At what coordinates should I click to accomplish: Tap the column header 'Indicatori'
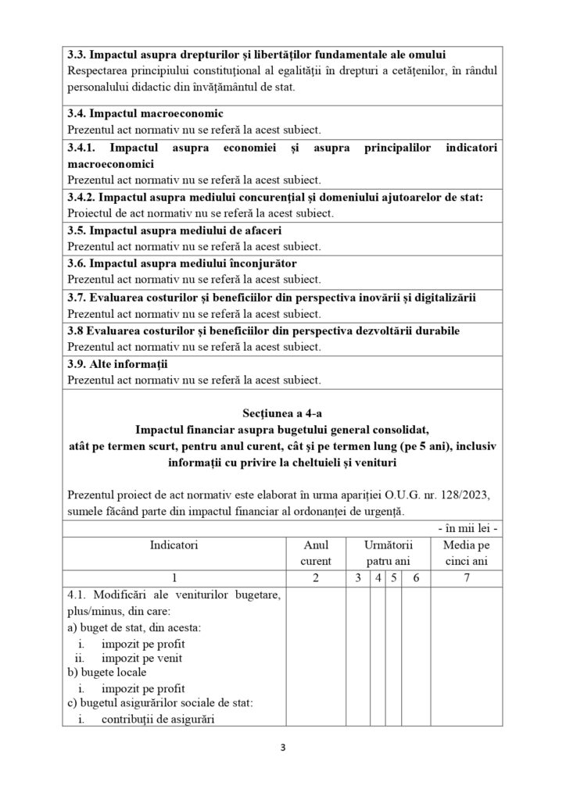tap(175, 544)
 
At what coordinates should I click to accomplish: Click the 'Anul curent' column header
tap(316, 552)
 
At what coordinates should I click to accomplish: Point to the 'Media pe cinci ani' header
tap(466, 552)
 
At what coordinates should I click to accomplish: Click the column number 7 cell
tap(466, 578)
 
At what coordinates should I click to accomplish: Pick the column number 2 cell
tap(316, 578)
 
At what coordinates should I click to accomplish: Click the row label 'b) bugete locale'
tap(106, 671)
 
